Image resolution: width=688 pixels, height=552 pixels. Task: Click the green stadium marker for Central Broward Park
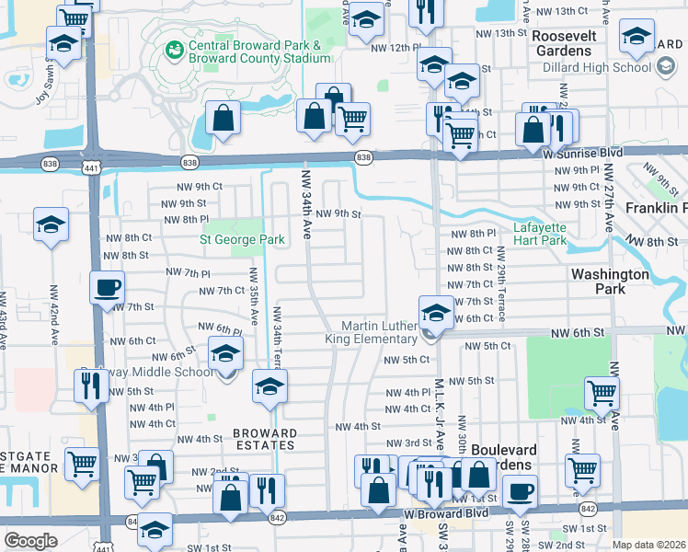coord(172,47)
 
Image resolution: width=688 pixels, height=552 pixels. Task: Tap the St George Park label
coord(243,239)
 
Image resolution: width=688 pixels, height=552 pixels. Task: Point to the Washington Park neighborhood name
coord(611,282)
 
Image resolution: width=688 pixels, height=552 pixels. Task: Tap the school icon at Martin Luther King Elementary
coord(435,311)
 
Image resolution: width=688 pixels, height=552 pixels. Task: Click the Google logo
coord(30,541)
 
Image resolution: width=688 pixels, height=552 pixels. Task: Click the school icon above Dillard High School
coord(636,36)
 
